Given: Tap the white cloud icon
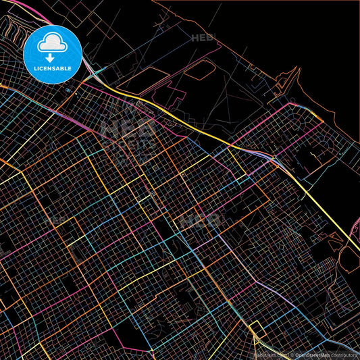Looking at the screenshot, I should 53,43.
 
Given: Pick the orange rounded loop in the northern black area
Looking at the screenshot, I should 199,70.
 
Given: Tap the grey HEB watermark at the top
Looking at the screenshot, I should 202,38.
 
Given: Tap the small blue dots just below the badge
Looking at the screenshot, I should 68,89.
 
